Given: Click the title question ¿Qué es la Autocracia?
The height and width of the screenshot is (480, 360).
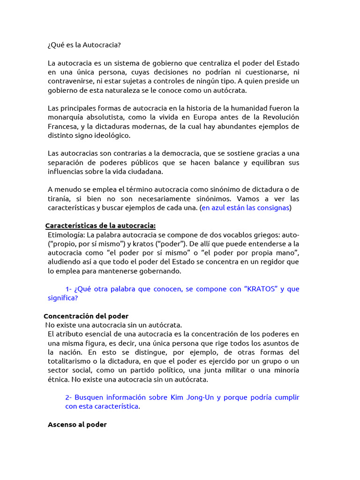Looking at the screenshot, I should click(x=84, y=45).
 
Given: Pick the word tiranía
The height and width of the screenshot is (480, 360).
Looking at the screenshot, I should click(x=60, y=198).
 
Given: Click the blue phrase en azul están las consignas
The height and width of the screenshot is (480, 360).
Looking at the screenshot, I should click(x=245, y=207).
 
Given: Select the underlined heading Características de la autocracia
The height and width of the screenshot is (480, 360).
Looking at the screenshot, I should click(x=100, y=226).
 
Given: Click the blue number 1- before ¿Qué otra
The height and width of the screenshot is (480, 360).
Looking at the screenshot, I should click(x=68, y=289).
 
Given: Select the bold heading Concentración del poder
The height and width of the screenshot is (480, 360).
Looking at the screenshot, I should click(x=86, y=316).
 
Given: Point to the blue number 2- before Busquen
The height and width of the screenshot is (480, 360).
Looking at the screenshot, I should click(x=69, y=397).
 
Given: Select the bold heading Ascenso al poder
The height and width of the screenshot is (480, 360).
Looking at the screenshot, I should click(x=77, y=424).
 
